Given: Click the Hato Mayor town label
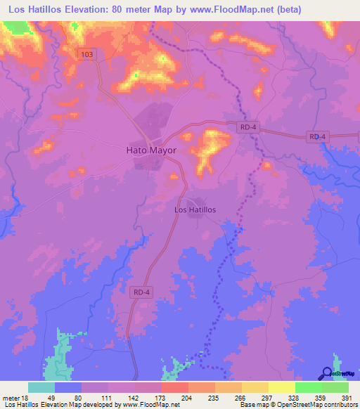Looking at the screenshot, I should [x=150, y=150].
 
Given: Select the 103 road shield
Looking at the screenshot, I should [x=86, y=54].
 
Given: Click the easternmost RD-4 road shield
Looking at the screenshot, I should [x=318, y=136].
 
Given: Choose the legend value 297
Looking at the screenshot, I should [x=257, y=398].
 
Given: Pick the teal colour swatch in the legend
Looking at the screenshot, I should [x=41, y=387].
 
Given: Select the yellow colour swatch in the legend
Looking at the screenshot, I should [x=281, y=387].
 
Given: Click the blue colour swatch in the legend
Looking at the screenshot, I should [x=68, y=387].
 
